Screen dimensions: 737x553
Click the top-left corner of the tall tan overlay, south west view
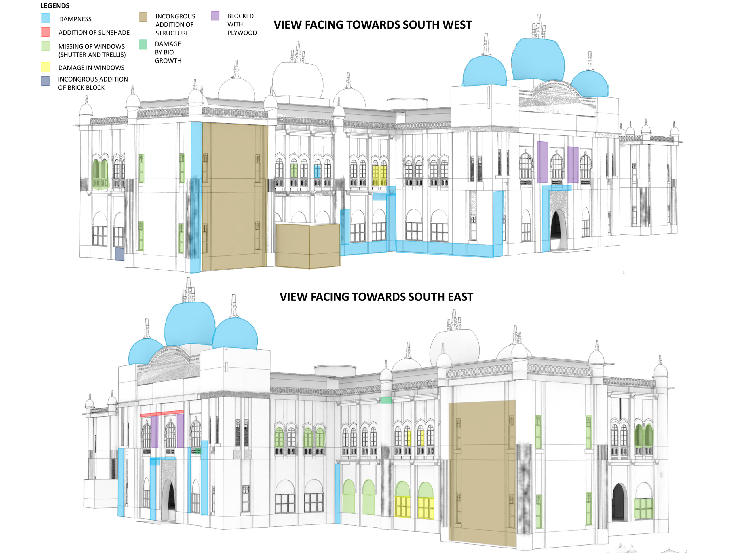point(202,123)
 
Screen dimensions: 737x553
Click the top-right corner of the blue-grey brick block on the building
point(124,248)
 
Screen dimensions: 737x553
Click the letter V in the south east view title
point(284,297)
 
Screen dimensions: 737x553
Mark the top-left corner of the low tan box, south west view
point(276,224)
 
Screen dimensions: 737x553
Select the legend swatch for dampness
point(46,18)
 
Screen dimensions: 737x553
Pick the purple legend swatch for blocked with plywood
point(215,16)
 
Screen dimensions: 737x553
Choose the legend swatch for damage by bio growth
point(143,44)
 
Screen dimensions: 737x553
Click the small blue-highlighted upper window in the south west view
point(318,172)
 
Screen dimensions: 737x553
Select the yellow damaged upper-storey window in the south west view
point(379,175)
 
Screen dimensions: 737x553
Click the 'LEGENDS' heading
point(55,6)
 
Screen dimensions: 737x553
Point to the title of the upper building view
point(373,25)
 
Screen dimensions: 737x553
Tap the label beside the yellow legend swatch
point(91,68)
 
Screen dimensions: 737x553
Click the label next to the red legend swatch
point(94,32)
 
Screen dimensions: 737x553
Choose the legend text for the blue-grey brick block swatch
point(93,83)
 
